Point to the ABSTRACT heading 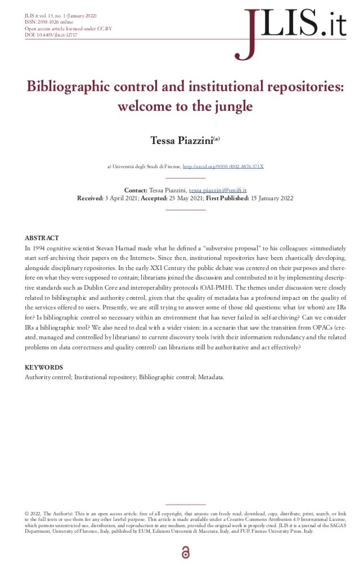coord(42,239)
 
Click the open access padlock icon coord(185,554)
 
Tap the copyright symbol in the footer coord(27,514)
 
